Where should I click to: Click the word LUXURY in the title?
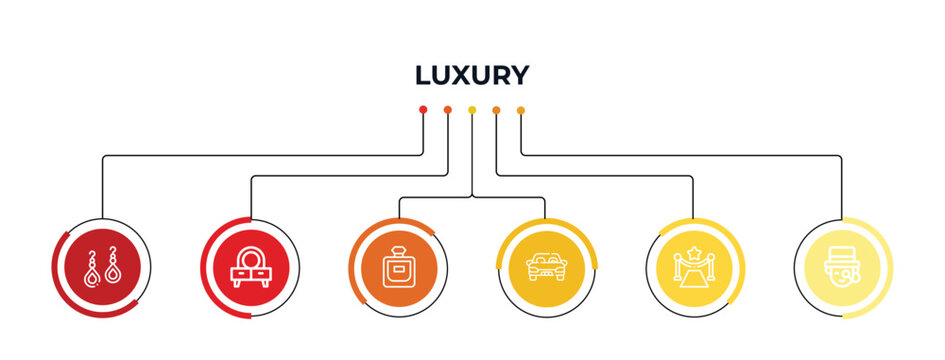[472, 75]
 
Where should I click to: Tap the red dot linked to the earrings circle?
[423, 109]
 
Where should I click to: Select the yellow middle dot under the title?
[472, 109]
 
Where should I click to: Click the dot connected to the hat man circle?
[521, 109]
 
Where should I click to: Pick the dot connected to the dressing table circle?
[447, 109]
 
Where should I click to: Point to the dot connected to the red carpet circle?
[496, 109]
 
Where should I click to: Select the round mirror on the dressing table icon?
[250, 258]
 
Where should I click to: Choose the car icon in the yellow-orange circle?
[545, 267]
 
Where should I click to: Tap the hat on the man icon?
[841, 251]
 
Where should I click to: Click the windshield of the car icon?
[545, 260]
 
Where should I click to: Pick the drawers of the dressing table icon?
[250, 279]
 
